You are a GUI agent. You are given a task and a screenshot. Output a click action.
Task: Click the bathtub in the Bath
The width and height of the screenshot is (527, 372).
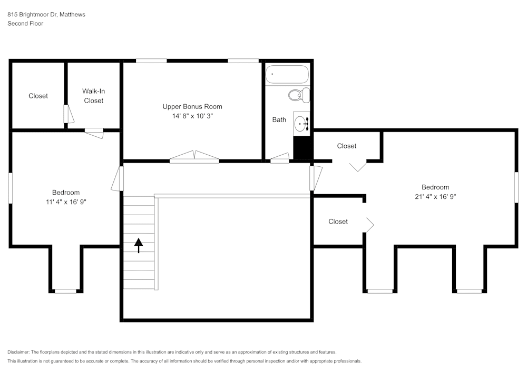[287, 74]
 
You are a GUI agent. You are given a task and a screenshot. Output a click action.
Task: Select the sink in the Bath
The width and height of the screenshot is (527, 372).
[301, 124]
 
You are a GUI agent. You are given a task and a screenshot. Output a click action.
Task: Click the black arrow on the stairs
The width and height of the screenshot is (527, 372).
[139, 245]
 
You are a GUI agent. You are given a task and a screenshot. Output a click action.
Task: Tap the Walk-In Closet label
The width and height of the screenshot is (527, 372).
[93, 96]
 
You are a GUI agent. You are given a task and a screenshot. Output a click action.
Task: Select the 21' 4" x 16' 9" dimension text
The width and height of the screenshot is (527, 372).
[435, 197]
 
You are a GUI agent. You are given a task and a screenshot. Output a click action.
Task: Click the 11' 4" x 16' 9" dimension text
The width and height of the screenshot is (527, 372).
[66, 202]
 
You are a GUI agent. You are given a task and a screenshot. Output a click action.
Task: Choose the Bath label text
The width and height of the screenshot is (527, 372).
[279, 120]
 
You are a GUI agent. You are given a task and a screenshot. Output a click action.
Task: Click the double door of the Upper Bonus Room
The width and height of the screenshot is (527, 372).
[194, 157]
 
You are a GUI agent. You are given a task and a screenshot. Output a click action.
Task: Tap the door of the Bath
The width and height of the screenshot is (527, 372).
[279, 158]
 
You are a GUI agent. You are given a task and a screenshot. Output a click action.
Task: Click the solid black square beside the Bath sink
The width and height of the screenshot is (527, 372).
[302, 147]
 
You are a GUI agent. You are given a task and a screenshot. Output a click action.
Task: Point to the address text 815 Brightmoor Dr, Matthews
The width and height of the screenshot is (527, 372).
[46, 15]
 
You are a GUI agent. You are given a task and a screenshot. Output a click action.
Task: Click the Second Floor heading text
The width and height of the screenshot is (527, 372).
[25, 24]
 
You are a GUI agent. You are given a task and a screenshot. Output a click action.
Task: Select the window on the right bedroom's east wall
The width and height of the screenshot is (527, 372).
[516, 188]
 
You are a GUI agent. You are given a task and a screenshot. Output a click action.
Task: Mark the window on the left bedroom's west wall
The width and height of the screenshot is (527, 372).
[10, 188]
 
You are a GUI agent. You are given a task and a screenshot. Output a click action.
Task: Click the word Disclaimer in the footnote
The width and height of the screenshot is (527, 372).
[18, 352]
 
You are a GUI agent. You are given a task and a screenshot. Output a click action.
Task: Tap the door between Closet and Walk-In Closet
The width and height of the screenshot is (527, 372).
[67, 114]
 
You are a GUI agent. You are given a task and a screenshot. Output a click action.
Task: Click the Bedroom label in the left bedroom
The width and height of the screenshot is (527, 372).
[66, 193]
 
